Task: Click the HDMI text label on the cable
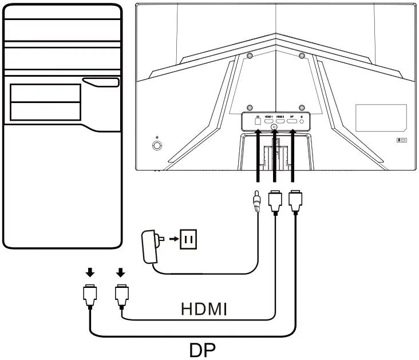[204, 310]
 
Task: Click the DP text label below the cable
[205, 349]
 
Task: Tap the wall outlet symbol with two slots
[188, 239]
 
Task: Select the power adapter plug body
[150, 244]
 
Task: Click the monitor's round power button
[157, 145]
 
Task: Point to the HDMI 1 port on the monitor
[268, 122]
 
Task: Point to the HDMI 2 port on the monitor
[280, 122]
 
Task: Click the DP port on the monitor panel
[292, 122]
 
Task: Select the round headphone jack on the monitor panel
[302, 122]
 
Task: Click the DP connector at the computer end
[89, 295]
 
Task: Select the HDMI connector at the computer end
[121, 295]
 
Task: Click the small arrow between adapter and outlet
[173, 238]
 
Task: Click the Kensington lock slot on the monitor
[401, 139]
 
